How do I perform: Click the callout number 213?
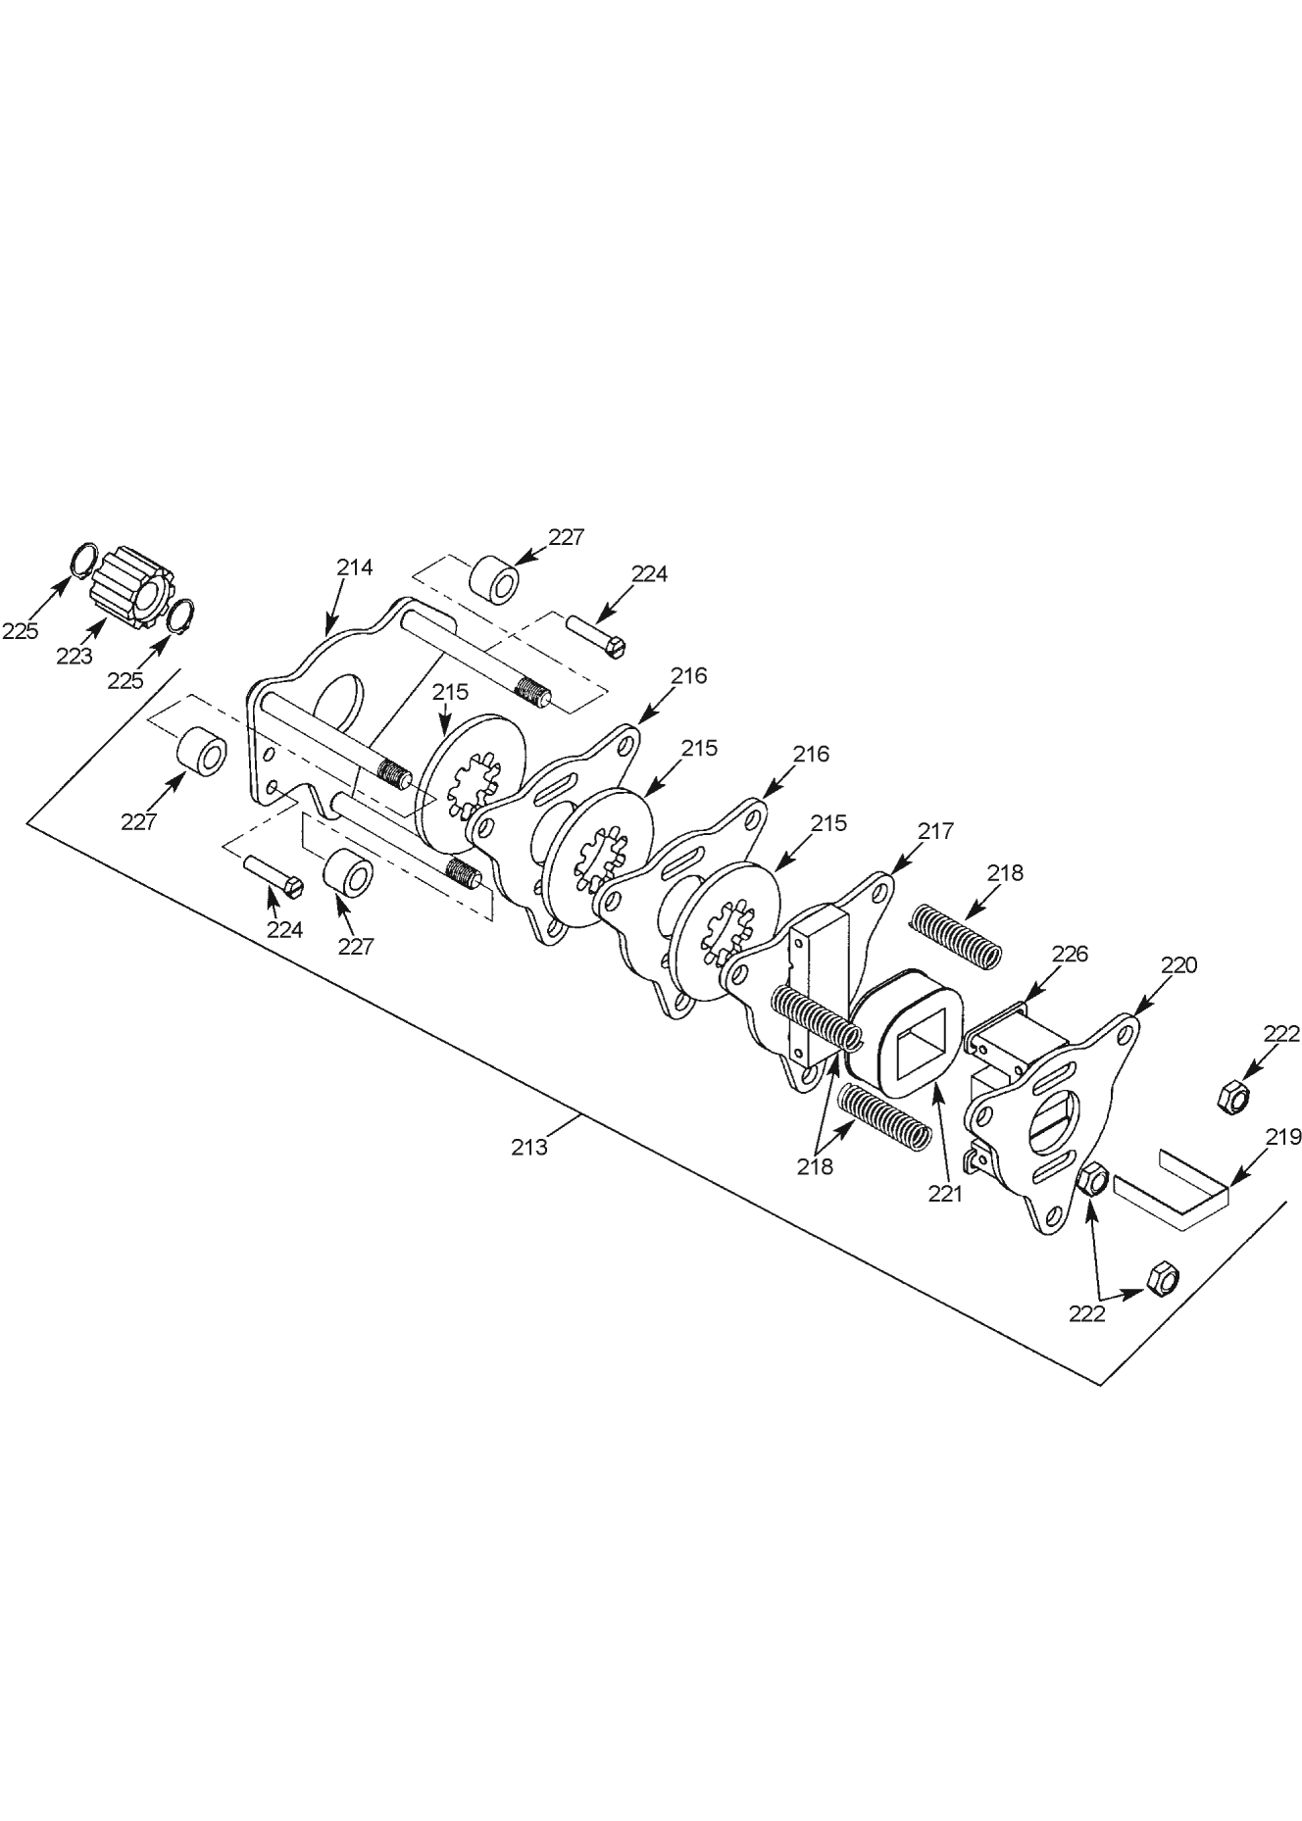coord(529,1146)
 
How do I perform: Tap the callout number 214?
coord(355,566)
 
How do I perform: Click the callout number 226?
coord(1070,954)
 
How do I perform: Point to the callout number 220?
coord(1178,964)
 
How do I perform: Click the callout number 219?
coord(1282,1137)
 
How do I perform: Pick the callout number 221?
coord(946,1194)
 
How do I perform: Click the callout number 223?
coord(74,657)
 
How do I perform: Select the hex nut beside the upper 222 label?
coord(1231,1096)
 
